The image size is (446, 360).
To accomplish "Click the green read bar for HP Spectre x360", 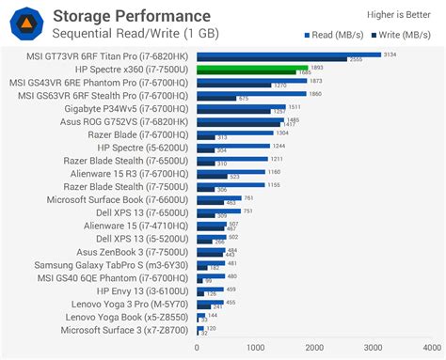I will coord(250,68).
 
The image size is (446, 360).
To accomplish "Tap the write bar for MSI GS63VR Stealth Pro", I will coord(215,99).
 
